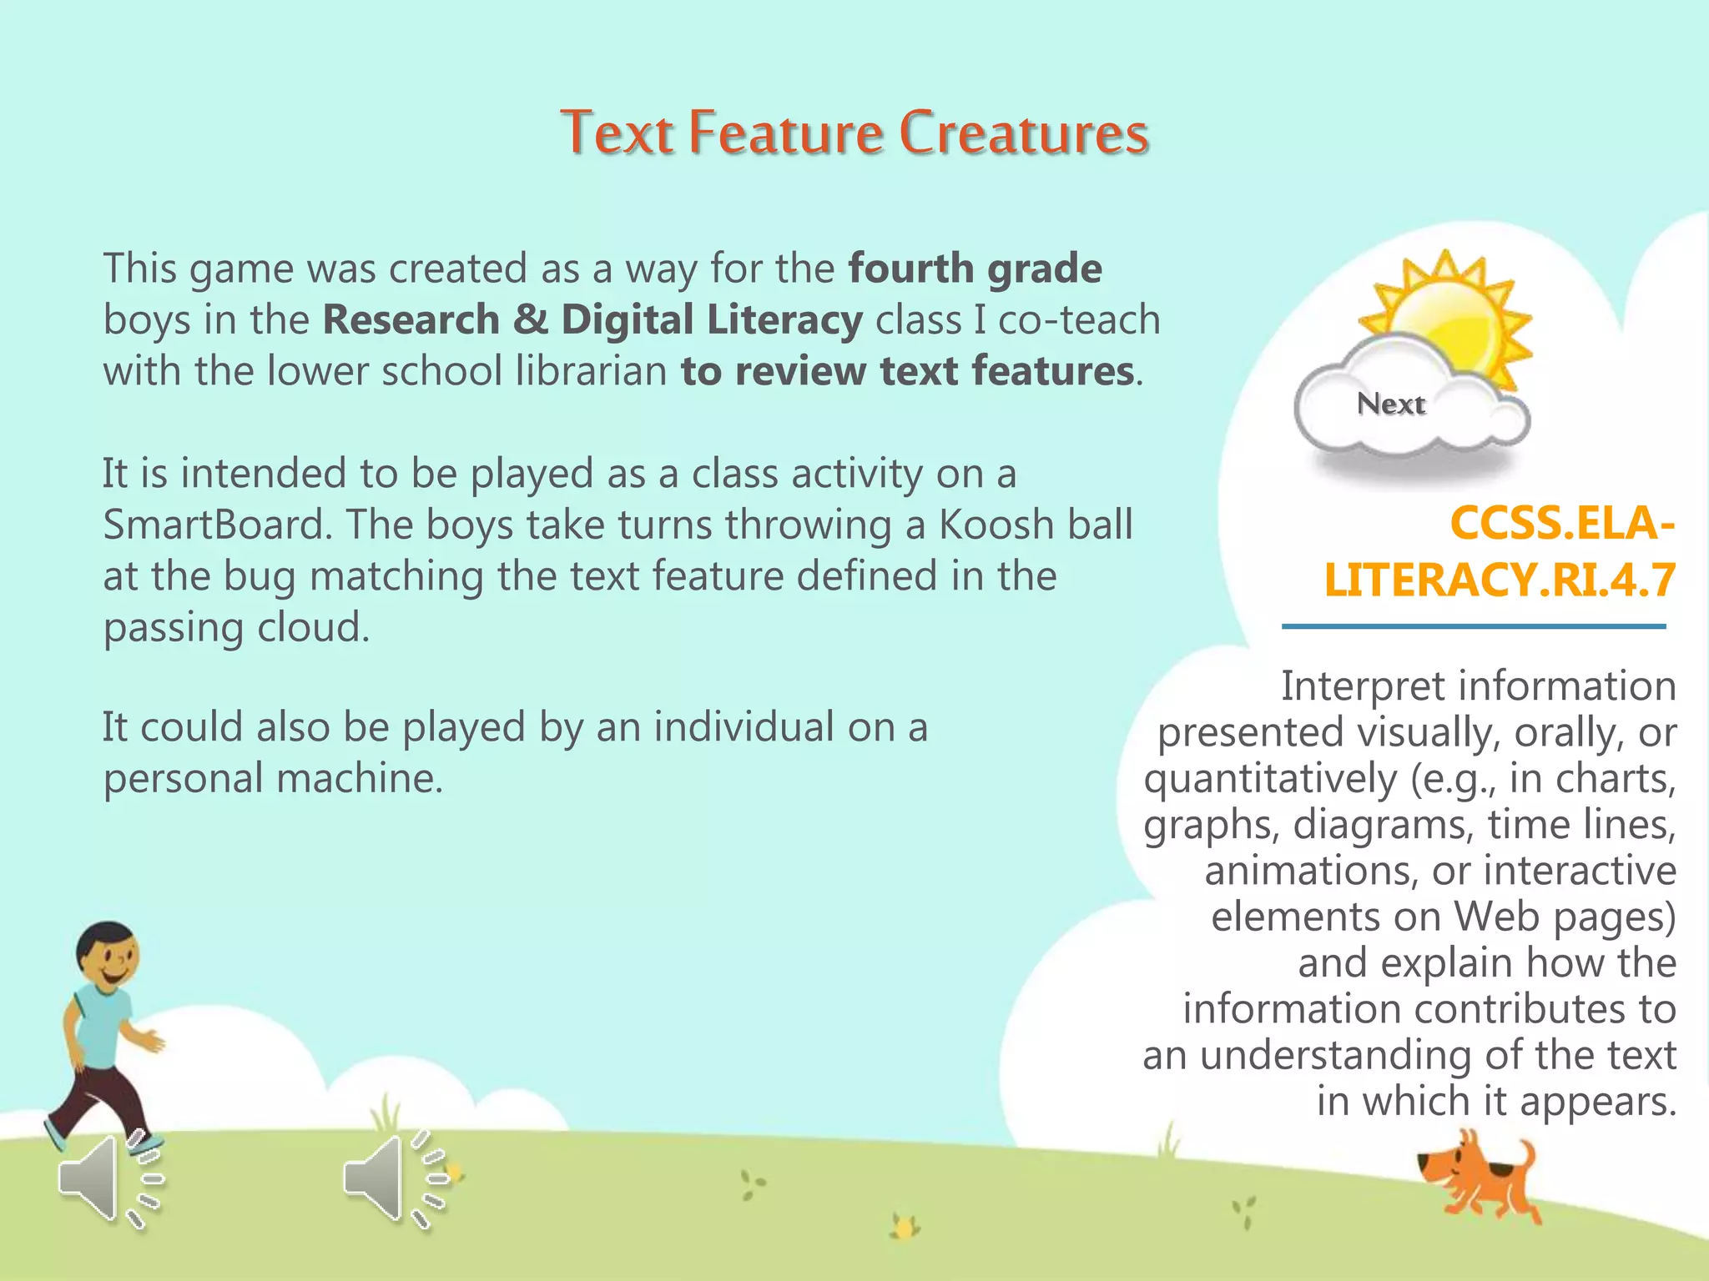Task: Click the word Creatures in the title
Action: point(1024,133)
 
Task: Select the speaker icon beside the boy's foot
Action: point(108,1179)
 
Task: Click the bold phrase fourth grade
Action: point(975,269)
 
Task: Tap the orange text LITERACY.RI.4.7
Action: point(1500,580)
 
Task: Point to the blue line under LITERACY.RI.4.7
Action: point(1474,626)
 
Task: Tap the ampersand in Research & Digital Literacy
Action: point(531,320)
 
